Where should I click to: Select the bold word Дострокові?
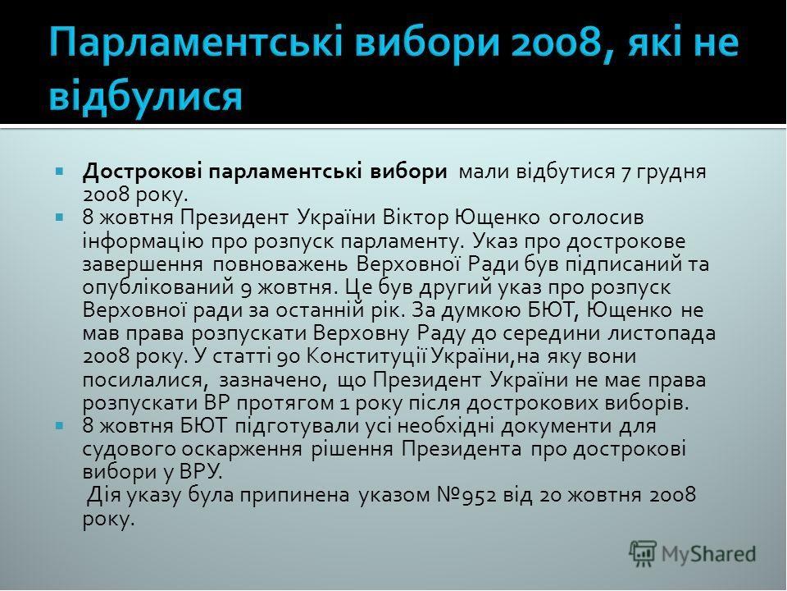(x=143, y=172)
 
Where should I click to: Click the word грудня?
(x=671, y=173)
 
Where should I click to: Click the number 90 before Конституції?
(x=288, y=357)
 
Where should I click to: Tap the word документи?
(x=556, y=427)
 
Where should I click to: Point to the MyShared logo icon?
(x=643, y=554)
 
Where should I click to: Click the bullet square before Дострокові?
(x=60, y=172)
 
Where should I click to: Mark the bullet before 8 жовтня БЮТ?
(x=60, y=426)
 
